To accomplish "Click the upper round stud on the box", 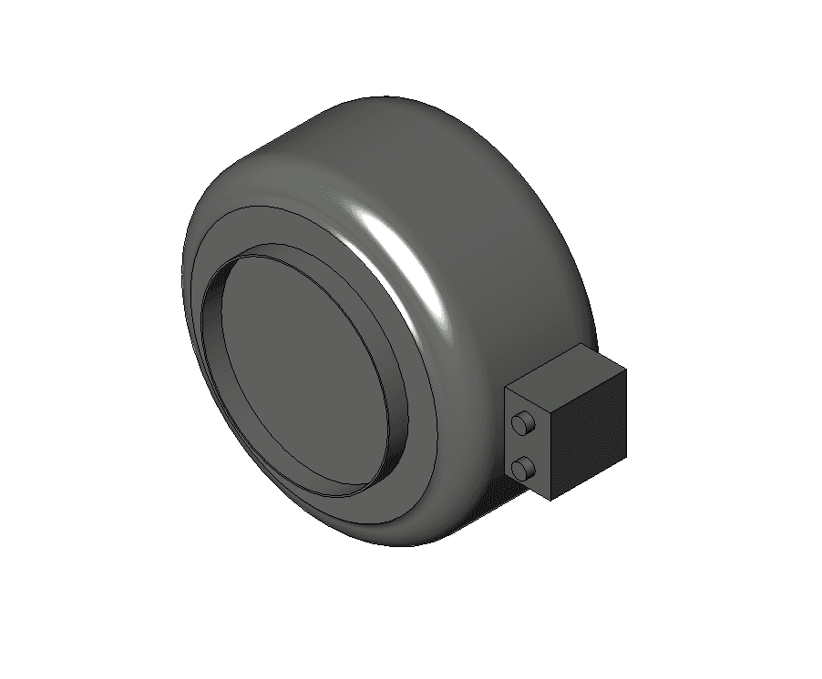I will [523, 423].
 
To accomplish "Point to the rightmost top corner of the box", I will [627, 371].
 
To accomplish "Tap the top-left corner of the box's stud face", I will [507, 387].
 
